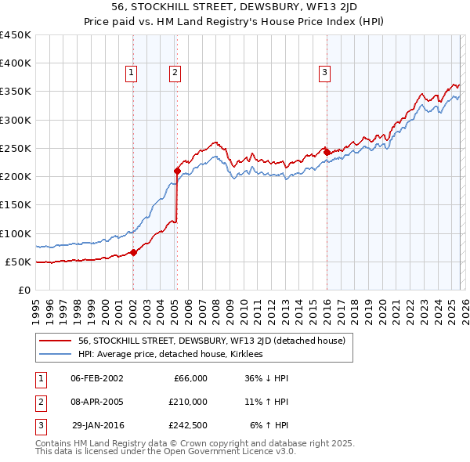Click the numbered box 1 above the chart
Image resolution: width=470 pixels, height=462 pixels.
point(132,73)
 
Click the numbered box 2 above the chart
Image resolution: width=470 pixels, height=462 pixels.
point(175,73)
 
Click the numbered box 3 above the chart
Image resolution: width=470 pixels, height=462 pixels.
point(324,73)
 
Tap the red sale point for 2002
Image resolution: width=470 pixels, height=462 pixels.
point(133,252)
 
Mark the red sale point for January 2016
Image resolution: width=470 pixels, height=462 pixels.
point(327,152)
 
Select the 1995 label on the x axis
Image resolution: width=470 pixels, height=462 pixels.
point(36,307)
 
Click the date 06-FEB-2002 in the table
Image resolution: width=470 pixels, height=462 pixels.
point(96,378)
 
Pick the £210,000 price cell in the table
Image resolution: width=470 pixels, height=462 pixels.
point(188,402)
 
